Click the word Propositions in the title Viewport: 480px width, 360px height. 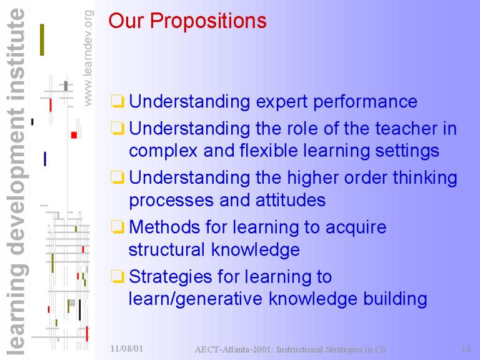pos(208,21)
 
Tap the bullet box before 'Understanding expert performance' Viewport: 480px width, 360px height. pos(117,101)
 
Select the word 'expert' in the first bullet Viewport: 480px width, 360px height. pos(282,102)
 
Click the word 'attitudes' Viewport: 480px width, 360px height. pos(291,201)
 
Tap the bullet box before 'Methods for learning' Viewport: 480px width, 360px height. pos(117,227)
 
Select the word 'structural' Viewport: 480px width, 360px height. pos(166,249)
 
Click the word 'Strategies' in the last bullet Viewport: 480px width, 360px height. pos(171,277)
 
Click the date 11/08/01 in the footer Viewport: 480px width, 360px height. pos(127,349)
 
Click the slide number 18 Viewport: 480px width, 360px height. pos(466,349)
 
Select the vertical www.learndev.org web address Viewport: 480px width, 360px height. pos(88,58)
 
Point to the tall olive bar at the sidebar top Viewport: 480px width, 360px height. pos(42,40)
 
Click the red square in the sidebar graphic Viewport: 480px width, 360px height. pos(74,135)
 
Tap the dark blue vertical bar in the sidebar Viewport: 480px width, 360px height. pos(45,159)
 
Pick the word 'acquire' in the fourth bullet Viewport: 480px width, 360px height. pos(356,228)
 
